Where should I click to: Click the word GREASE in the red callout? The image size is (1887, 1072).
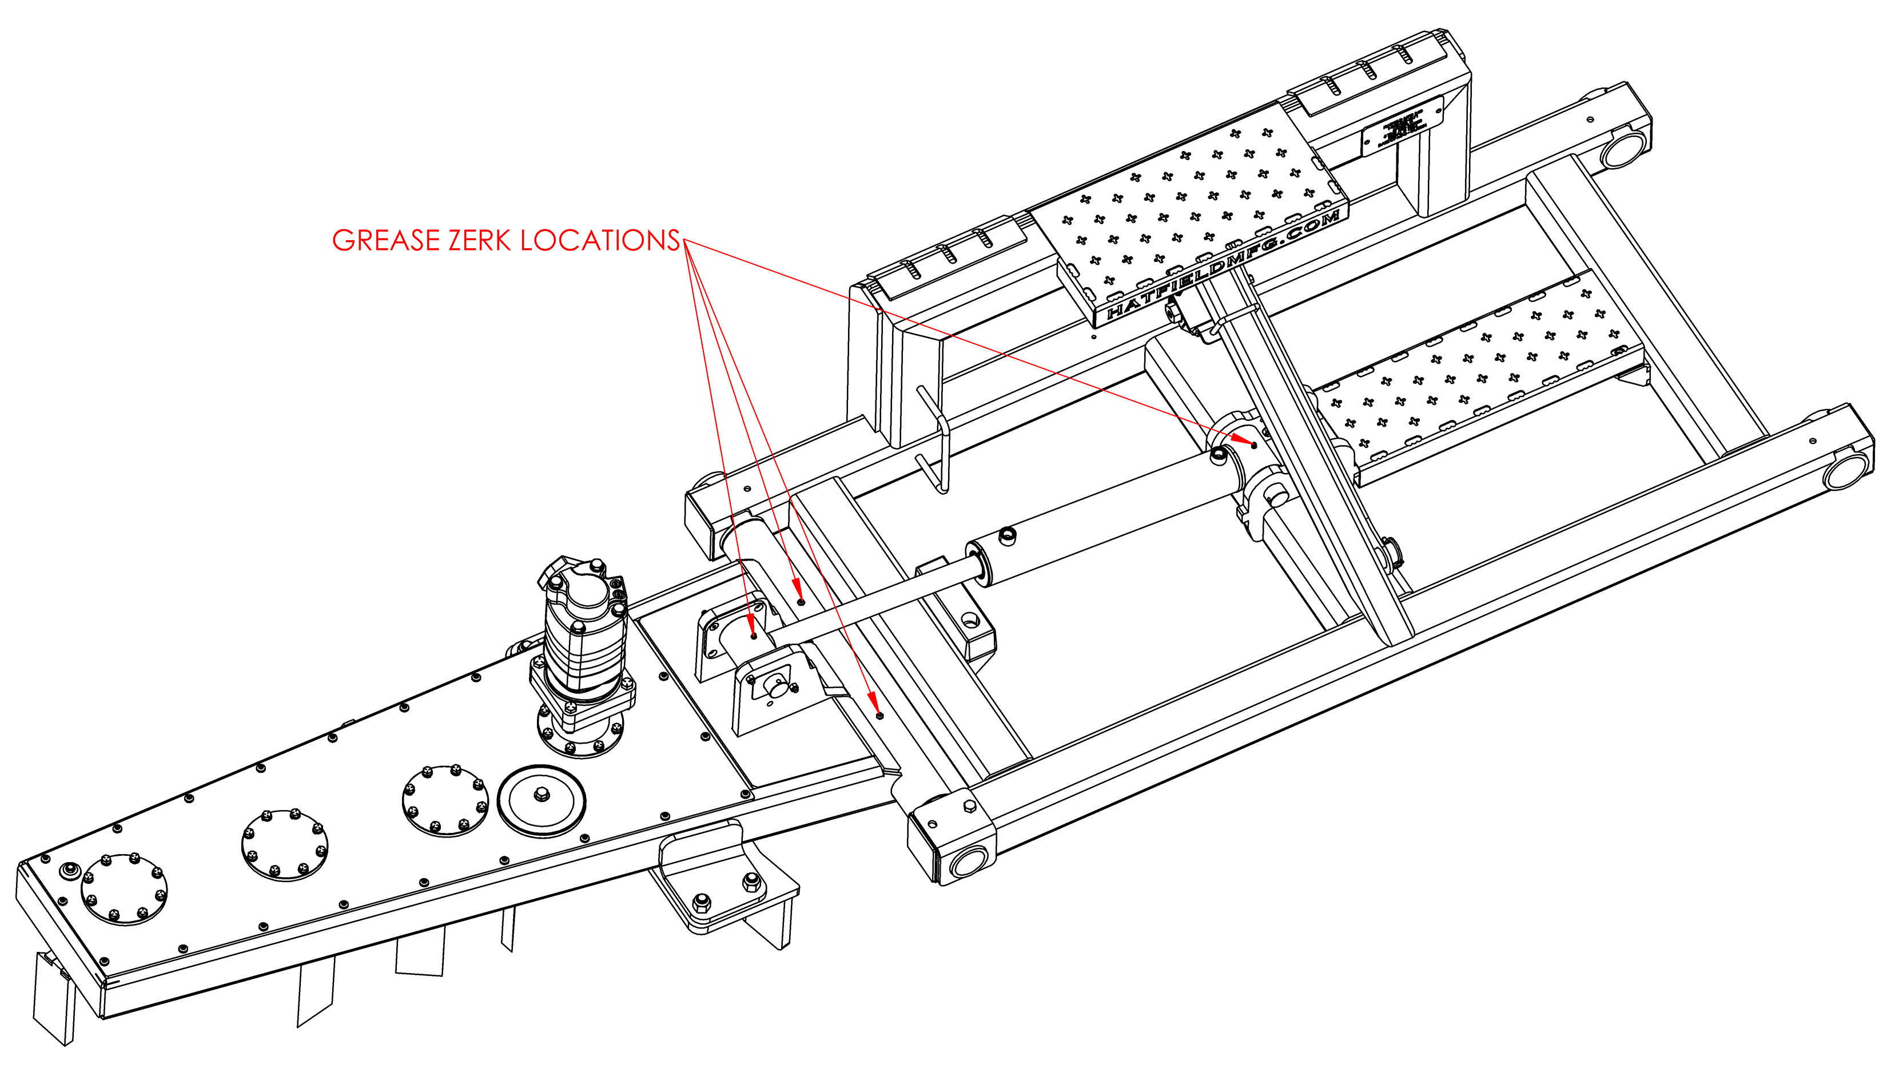(385, 241)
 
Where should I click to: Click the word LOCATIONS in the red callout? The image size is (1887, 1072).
(600, 241)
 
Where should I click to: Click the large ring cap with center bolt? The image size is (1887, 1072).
(541, 800)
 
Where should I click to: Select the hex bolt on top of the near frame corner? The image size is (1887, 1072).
(969, 808)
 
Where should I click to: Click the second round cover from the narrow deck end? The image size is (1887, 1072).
(284, 844)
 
